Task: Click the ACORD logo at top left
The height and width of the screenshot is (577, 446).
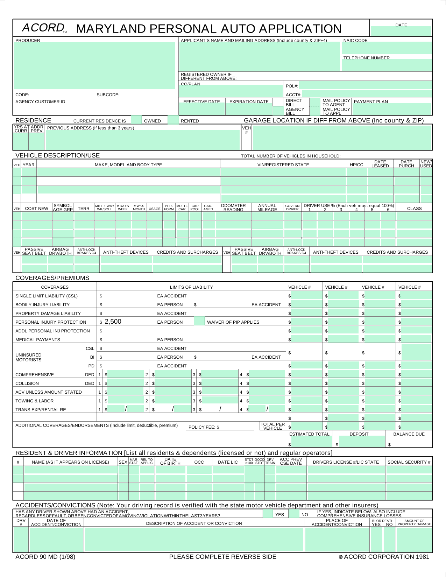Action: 43,28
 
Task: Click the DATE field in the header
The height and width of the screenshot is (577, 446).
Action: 401,31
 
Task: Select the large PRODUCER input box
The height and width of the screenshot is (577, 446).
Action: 94,65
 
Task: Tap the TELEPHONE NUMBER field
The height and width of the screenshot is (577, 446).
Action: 387,65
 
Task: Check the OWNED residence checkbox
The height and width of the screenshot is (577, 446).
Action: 136,120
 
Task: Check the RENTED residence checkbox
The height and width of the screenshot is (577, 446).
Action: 173,120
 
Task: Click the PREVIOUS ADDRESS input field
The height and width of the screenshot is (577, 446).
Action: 143,140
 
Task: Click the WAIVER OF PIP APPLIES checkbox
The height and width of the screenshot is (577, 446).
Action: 199,321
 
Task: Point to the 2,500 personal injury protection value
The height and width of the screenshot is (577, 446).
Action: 113,322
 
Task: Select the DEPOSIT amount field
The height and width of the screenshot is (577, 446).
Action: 362,442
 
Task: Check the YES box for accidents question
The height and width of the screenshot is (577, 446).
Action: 268,514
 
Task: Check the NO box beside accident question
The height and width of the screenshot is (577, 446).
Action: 294,514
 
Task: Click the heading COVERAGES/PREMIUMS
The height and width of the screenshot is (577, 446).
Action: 52,278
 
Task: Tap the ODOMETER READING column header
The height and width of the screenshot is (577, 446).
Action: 233,207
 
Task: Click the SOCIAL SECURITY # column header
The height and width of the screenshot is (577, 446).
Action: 409,462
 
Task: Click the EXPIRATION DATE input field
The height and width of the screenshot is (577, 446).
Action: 249,109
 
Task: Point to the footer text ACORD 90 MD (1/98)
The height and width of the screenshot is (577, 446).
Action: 45,557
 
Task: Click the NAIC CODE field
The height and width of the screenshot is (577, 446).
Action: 387,48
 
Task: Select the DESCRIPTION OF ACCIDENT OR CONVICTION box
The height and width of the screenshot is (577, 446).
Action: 194,539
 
